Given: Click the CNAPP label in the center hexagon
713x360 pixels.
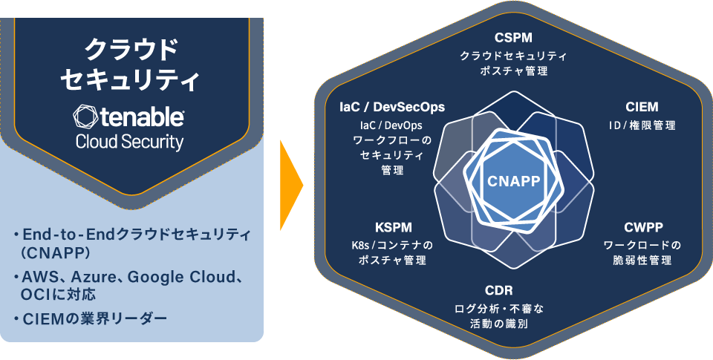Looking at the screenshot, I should pyautogui.click(x=514, y=180).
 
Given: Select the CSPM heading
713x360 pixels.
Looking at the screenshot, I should pyautogui.click(x=514, y=37).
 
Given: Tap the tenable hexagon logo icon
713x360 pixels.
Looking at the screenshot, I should pyautogui.click(x=85, y=117).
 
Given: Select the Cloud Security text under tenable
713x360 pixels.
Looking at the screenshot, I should pyautogui.click(x=130, y=142).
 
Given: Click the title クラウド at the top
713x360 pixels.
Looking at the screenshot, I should pyautogui.click(x=131, y=50).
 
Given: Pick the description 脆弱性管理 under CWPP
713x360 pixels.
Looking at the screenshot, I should pyautogui.click(x=642, y=261).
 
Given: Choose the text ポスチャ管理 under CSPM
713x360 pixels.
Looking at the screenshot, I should pyautogui.click(x=514, y=72).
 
